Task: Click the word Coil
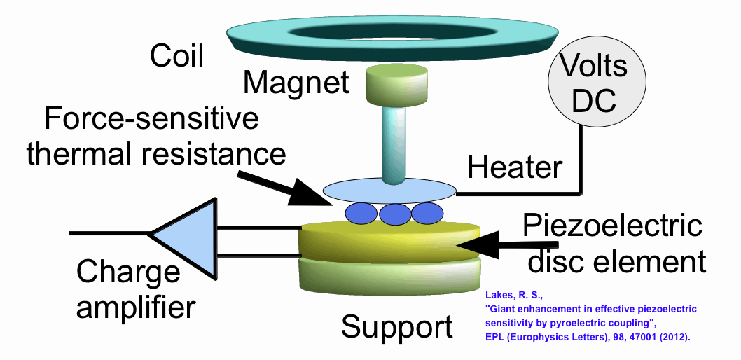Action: [x=176, y=56]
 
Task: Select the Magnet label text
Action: [x=296, y=83]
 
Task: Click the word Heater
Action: [x=515, y=167]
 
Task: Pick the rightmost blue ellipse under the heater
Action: [x=427, y=212]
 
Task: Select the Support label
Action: [x=396, y=326]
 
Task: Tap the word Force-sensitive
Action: [x=151, y=120]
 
